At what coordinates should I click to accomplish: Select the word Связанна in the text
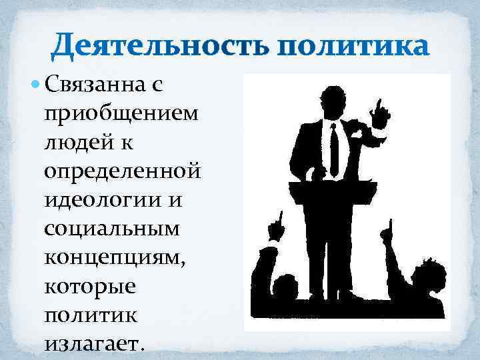tap(100, 85)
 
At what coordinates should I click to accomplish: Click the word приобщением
tap(121, 114)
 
